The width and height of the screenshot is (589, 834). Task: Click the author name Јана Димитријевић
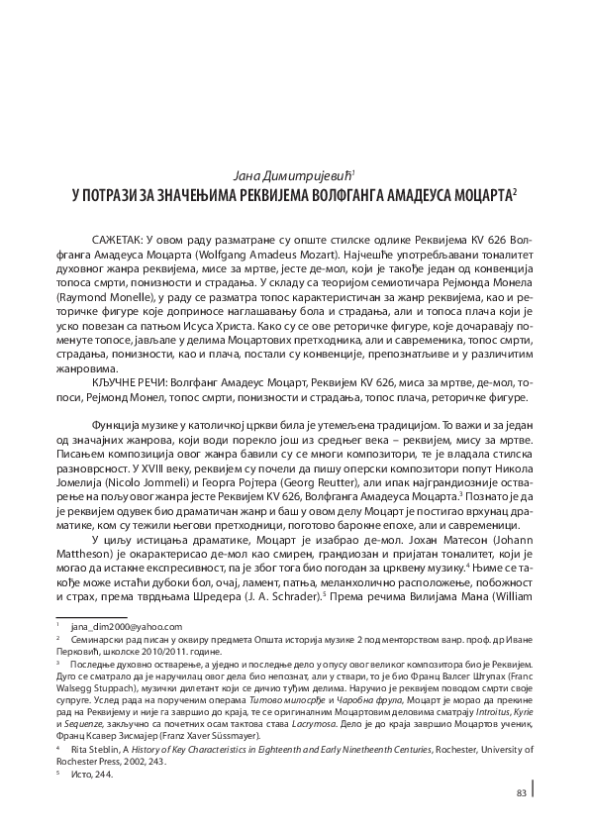point(293,173)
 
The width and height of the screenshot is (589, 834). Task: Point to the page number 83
point(521,792)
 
